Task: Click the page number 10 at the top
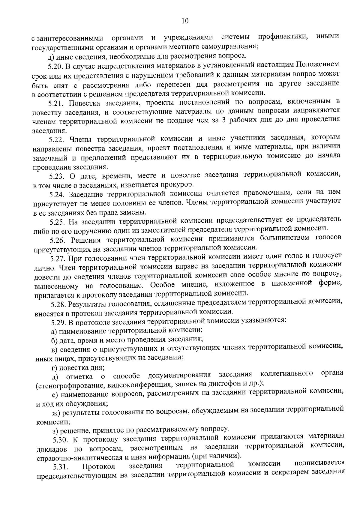point(185,21)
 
